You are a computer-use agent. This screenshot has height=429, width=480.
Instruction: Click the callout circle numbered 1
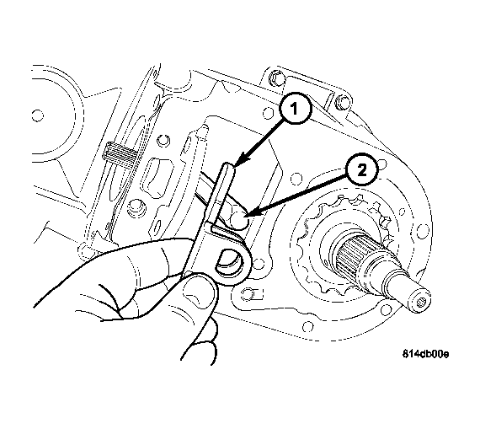(295, 109)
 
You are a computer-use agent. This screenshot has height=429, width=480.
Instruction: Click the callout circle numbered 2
(361, 169)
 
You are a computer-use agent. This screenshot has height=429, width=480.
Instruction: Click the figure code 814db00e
(425, 354)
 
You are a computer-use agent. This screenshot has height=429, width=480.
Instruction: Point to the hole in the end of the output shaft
(423, 302)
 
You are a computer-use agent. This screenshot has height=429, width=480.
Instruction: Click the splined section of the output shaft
(352, 255)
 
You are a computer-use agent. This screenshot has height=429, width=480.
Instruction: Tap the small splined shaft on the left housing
(120, 154)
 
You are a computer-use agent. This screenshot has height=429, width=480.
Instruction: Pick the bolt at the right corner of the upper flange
(342, 103)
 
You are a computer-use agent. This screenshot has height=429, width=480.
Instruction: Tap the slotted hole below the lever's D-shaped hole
(253, 294)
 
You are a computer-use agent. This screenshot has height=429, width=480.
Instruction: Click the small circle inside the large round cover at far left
(38, 115)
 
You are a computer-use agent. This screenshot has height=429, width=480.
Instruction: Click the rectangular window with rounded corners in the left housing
(157, 178)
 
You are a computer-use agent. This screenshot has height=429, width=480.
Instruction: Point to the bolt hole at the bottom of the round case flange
(307, 326)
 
